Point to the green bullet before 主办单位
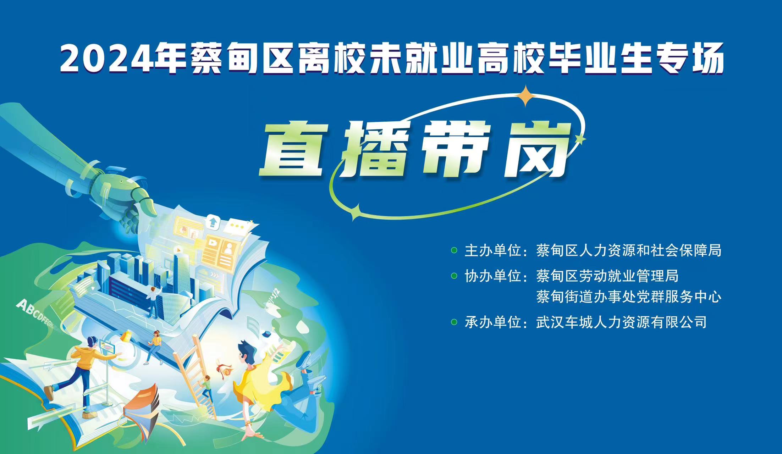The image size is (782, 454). [x=454, y=250]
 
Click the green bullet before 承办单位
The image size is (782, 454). [x=454, y=322]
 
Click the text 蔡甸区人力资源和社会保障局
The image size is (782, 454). [x=629, y=250]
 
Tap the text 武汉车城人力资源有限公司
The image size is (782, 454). [x=621, y=322]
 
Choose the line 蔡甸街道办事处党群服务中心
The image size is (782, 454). [x=629, y=297]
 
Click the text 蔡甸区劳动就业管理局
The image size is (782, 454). [x=607, y=276]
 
